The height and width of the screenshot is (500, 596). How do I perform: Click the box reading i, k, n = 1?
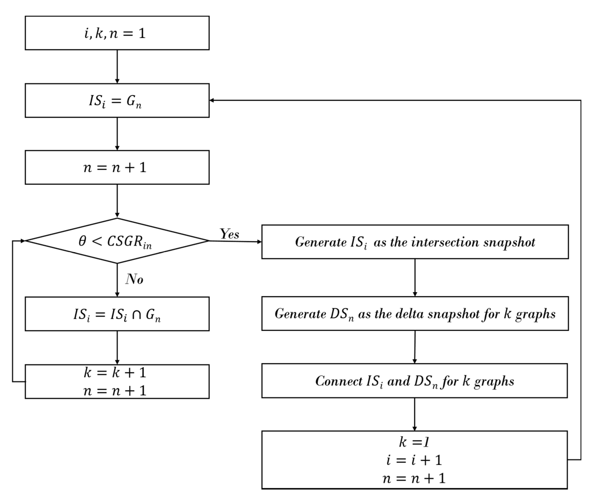pyautogui.click(x=117, y=33)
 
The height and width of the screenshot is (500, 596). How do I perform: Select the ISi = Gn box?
pyautogui.click(x=117, y=101)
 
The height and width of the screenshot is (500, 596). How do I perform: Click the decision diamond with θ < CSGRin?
pyautogui.click(x=117, y=241)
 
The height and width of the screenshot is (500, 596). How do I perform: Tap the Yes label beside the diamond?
pyautogui.click(x=229, y=234)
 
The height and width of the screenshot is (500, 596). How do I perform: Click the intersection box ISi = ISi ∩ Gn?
pyautogui.click(x=117, y=314)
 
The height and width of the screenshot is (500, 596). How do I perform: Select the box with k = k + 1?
pyautogui.click(x=115, y=372)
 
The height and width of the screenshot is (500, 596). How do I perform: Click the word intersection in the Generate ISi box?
pyautogui.click(x=445, y=242)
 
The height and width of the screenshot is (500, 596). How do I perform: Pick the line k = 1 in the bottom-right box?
pyautogui.click(x=414, y=442)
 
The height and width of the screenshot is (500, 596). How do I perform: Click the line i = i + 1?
pyautogui.click(x=414, y=460)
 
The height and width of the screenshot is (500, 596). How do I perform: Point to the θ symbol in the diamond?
pyautogui.click(x=82, y=241)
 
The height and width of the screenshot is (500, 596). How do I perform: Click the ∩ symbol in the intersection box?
pyautogui.click(x=136, y=315)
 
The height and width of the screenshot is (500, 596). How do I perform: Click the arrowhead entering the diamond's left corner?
pyautogui.click(x=23, y=241)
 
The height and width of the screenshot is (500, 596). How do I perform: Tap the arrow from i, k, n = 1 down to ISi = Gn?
pyautogui.click(x=117, y=67)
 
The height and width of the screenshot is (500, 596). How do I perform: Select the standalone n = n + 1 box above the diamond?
pyautogui.click(x=117, y=167)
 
